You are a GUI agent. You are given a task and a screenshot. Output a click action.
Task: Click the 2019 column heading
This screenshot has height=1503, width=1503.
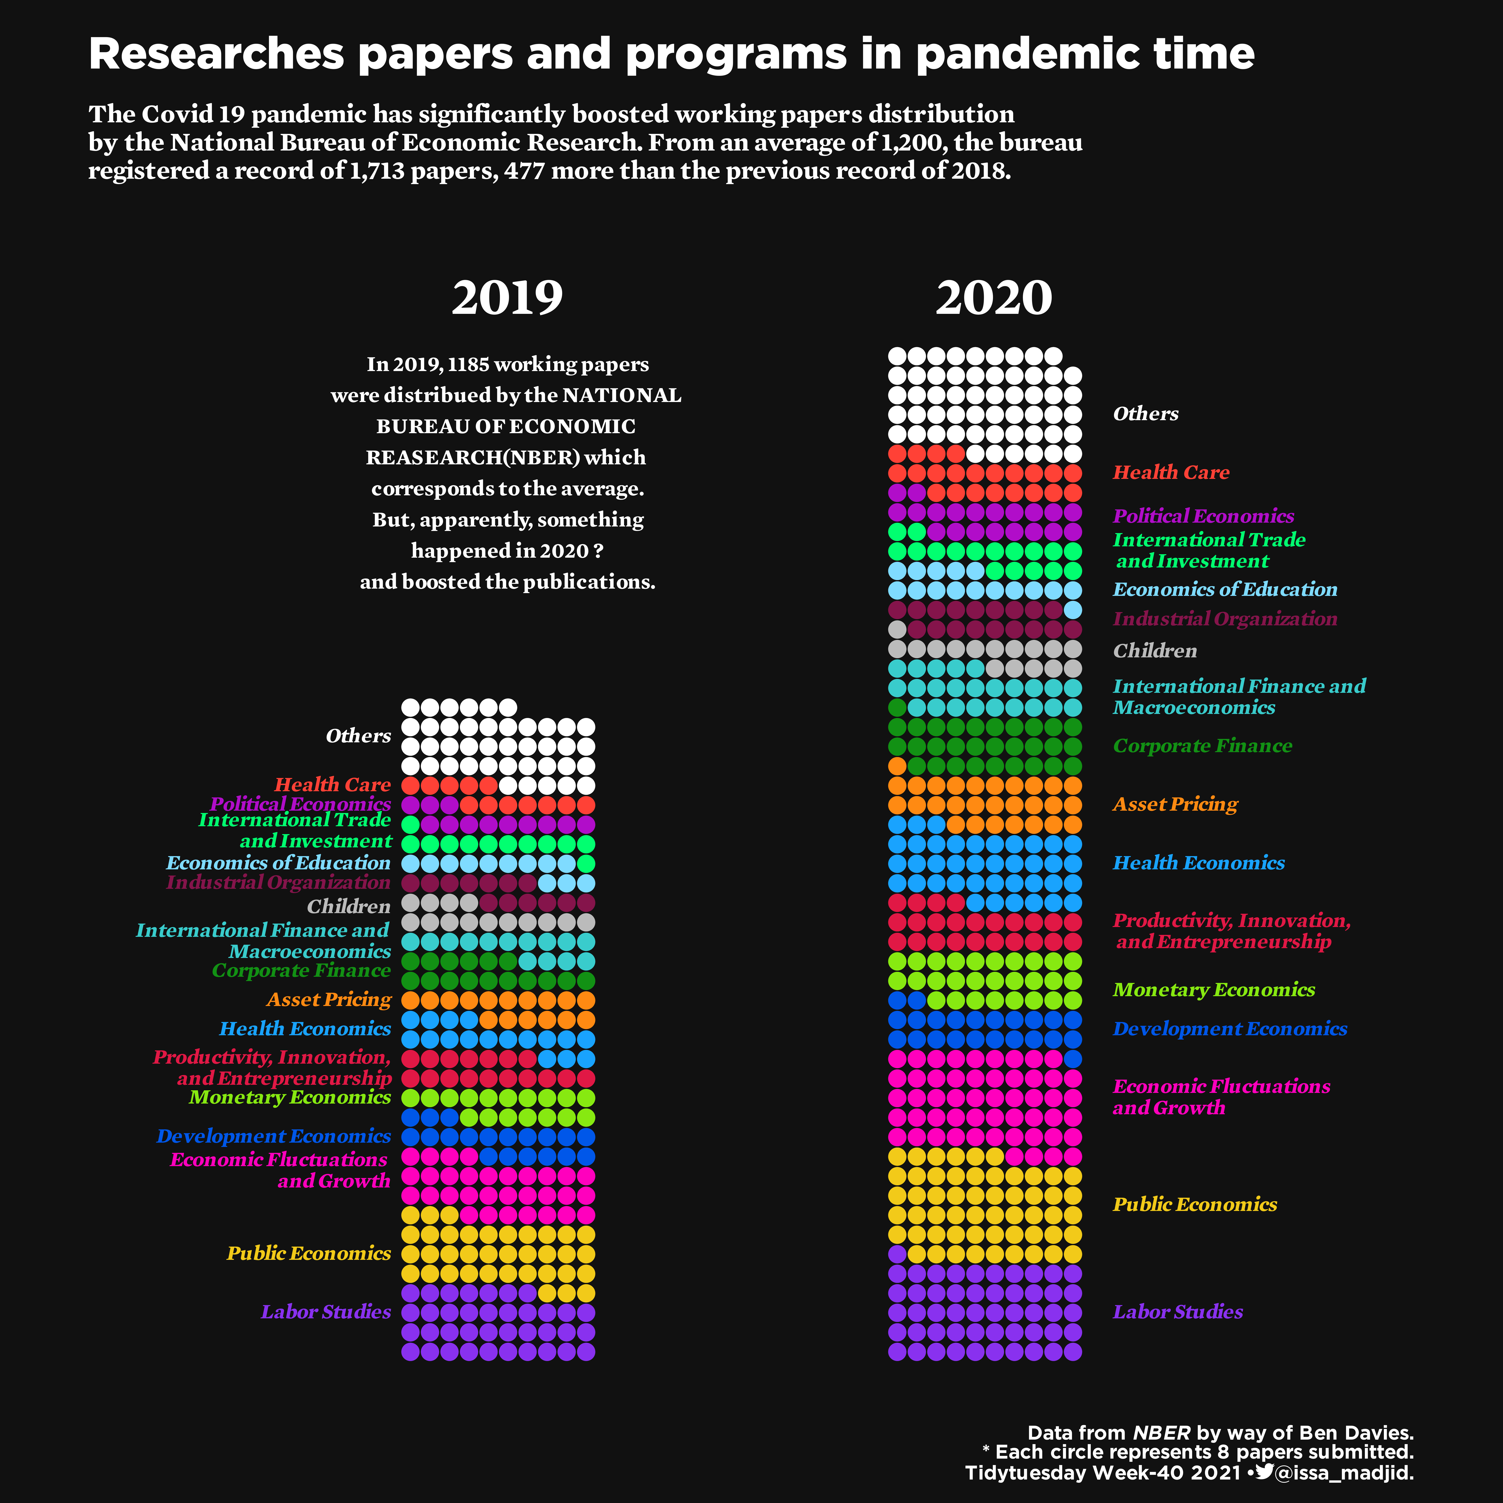(x=507, y=298)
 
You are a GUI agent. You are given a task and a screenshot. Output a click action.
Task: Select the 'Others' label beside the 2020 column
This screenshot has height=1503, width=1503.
(x=1145, y=414)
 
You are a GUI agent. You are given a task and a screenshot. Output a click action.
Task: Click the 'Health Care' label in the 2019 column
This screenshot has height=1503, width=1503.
(x=332, y=785)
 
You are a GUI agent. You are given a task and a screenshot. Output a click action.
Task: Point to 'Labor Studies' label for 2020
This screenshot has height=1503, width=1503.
(x=1177, y=1312)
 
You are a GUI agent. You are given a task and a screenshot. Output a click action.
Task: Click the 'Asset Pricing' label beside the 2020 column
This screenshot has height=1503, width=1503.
(x=1175, y=804)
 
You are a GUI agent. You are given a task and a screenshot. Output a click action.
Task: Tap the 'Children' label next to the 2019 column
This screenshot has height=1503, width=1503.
(x=348, y=906)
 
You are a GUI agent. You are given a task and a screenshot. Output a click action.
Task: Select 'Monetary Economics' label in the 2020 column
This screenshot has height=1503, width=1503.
(x=1214, y=990)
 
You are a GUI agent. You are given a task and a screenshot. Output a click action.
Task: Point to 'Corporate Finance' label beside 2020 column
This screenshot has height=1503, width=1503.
(x=1202, y=746)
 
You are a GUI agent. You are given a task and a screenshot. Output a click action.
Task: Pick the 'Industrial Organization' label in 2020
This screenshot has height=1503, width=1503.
(x=1224, y=619)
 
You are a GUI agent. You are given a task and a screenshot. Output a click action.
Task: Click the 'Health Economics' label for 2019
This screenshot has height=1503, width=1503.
(x=305, y=1028)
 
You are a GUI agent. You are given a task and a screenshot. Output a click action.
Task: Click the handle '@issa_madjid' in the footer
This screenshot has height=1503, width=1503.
(x=1344, y=1473)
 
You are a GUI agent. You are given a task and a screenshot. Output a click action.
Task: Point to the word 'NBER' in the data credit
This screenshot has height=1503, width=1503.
(x=1161, y=1433)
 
